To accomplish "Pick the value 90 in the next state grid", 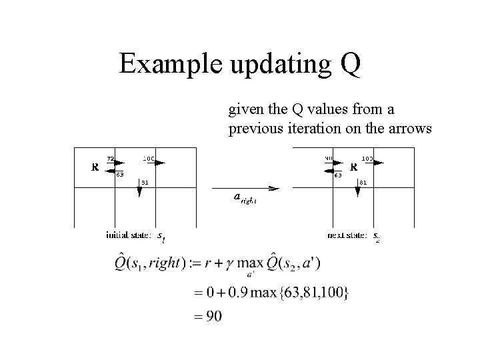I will coord(329,158).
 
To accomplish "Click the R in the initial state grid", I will coord(95,167).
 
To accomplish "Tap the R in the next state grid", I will coord(354,167).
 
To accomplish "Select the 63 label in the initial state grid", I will coord(119,175).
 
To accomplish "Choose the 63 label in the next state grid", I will coord(338,176).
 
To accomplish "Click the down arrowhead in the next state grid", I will coord(358,192).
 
